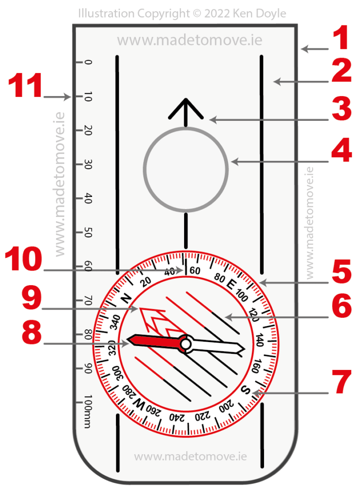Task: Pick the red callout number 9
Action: click(23, 300)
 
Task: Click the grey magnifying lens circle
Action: click(186, 170)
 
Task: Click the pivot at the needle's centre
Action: click(185, 345)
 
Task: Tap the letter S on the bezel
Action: click(246, 390)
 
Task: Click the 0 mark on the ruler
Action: click(88, 62)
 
